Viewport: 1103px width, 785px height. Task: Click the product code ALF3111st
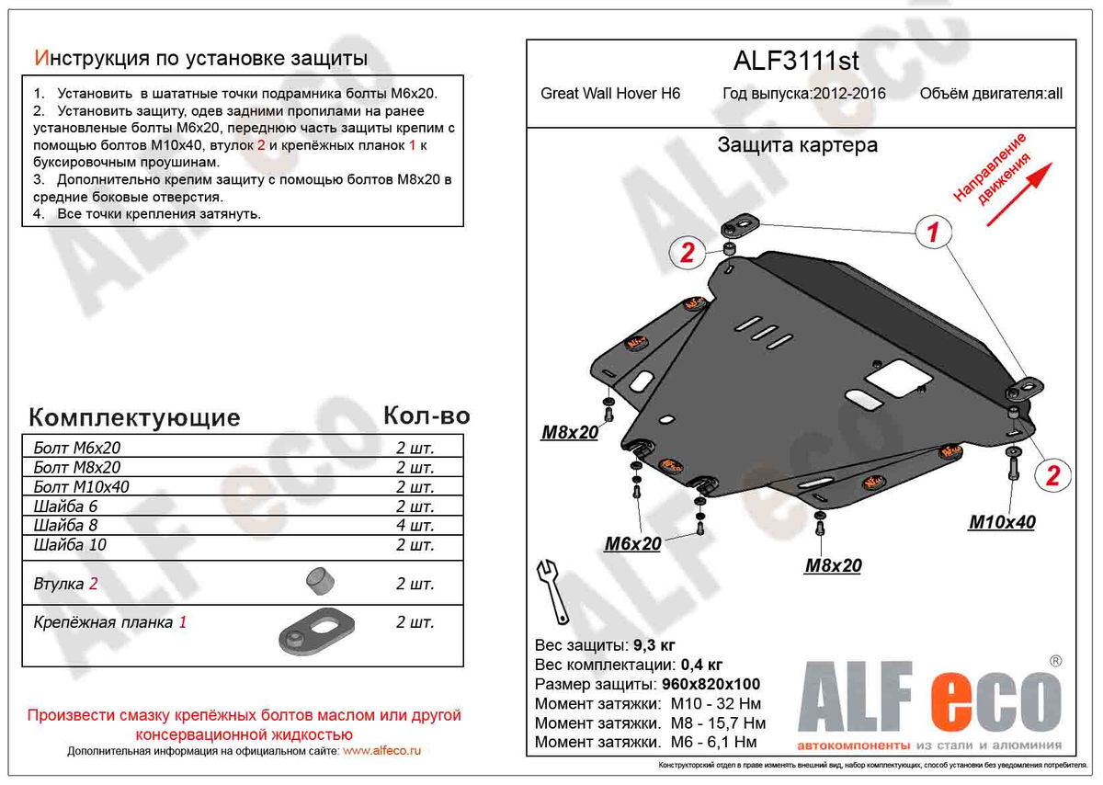796,61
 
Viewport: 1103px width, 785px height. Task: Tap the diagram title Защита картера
796,144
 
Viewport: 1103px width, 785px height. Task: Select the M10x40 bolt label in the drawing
1002,522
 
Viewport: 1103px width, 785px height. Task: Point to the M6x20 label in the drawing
632,544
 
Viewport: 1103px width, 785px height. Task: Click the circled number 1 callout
932,233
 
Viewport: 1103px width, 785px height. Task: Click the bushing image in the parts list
320,581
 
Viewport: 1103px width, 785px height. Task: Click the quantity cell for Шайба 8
415,526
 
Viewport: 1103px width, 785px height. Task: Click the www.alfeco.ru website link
381,751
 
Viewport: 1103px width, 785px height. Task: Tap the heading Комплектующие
134,418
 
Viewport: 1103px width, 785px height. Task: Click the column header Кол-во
426,415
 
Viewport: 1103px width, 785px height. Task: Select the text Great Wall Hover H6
610,94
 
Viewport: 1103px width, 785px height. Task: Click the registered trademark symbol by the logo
1055,661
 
